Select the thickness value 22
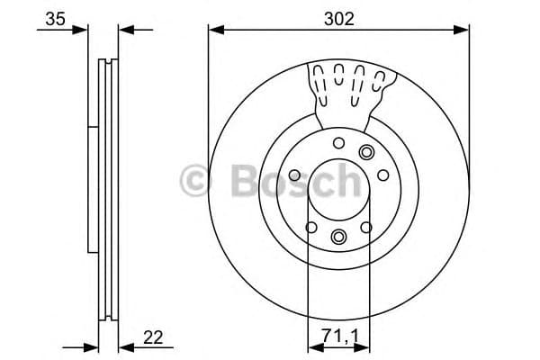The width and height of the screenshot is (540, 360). tap(153, 337)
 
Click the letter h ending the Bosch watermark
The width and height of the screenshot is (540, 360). tap(346, 183)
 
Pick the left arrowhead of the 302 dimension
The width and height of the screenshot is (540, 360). tap(214, 30)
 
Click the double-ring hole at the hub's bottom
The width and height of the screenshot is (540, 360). tap(338, 237)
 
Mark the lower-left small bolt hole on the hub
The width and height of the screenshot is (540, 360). tap(310, 227)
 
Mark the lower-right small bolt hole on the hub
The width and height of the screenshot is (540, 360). tap(366, 227)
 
